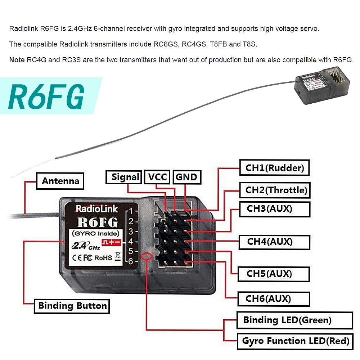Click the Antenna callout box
coord(60,181)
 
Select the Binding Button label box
coord(72,306)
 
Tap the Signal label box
coord(125,177)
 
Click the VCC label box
coord(157,177)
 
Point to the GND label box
coord(186,177)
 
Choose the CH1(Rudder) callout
coord(274,168)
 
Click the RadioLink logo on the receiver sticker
coord(96,209)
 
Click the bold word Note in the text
coord(17,60)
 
